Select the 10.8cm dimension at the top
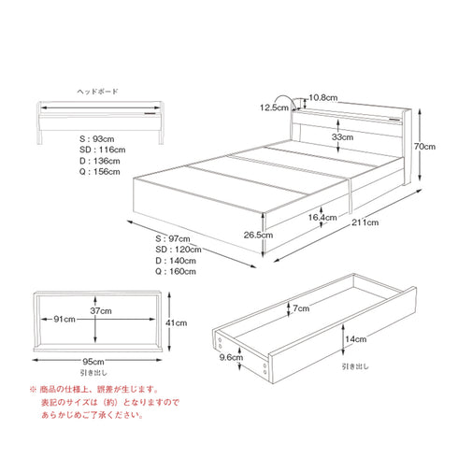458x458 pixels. tap(322, 96)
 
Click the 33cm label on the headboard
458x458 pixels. tap(342, 137)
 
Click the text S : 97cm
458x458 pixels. tap(173, 239)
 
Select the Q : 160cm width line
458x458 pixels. tap(176, 273)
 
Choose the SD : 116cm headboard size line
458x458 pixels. tap(103, 150)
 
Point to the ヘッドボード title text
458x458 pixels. tap(97, 92)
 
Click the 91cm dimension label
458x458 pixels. tap(64, 320)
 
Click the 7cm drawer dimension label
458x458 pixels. tap(301, 308)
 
